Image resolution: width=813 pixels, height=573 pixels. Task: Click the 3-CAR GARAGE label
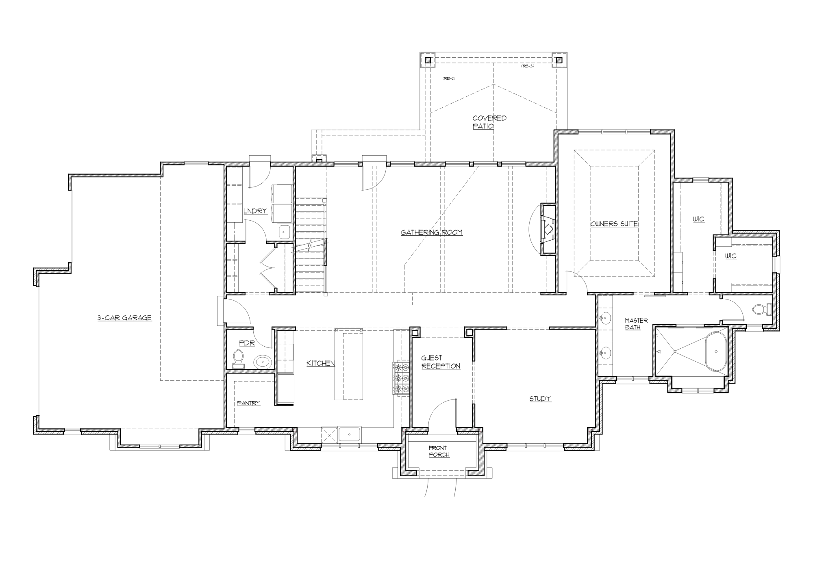coord(124,318)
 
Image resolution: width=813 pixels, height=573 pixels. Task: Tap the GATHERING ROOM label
coord(431,232)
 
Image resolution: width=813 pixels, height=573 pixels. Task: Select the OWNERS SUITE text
coord(614,224)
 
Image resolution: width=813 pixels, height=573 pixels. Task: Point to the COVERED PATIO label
coord(489,122)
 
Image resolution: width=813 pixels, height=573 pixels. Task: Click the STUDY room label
coord(540,399)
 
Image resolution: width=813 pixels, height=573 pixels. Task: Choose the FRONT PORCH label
coord(439,451)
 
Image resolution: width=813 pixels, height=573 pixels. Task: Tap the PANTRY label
coord(248,403)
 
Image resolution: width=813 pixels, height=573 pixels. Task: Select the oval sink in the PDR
coord(263,361)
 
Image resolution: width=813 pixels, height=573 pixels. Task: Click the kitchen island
coord(348,365)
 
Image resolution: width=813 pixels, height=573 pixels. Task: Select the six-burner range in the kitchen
coord(401,378)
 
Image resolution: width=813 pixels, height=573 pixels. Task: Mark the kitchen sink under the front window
coord(350,434)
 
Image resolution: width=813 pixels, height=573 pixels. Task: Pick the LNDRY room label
coord(255,211)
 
